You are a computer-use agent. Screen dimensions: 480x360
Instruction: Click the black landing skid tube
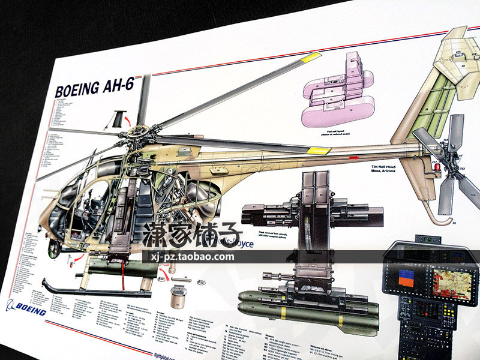[x=90, y=292]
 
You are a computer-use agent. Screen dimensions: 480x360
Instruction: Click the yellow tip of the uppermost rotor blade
[x=310, y=58]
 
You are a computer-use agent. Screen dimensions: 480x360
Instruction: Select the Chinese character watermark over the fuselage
[x=192, y=236]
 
